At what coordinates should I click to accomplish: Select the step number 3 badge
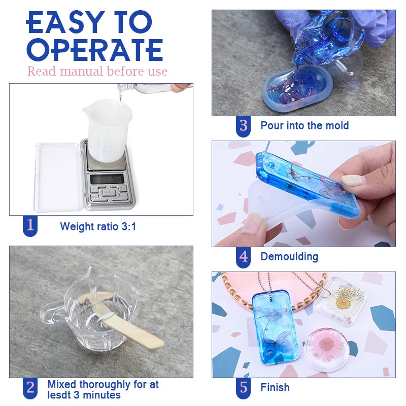(244, 125)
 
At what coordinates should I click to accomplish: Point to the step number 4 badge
(244, 257)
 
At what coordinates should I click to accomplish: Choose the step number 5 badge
(244, 388)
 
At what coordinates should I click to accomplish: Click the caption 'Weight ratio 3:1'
(98, 226)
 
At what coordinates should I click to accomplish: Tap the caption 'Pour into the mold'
(304, 125)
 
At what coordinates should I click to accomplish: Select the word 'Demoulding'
(289, 257)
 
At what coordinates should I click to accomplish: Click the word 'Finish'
(275, 388)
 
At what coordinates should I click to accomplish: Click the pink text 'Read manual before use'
(97, 71)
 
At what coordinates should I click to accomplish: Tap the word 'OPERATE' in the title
(94, 49)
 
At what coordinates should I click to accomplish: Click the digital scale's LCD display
(105, 178)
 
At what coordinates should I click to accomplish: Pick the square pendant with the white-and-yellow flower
(341, 301)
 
